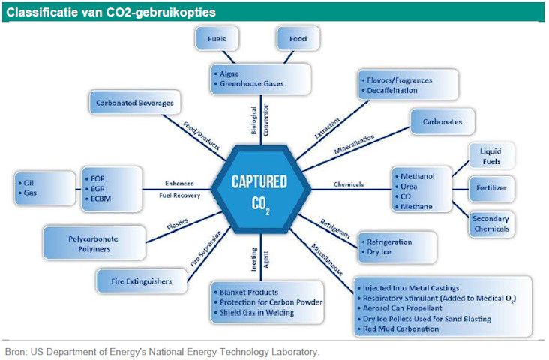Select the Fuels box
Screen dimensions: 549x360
[217, 37]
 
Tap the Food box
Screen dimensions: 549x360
[298, 37]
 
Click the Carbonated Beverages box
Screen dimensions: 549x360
[135, 103]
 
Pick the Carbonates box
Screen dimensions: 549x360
[443, 121]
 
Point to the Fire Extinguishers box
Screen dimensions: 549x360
[141, 281]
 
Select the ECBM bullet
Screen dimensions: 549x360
[102, 199]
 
